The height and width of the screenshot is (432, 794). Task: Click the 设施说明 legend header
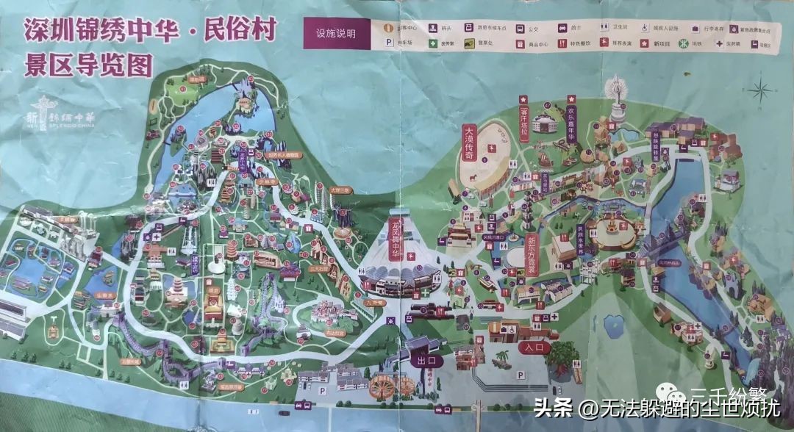tap(335, 33)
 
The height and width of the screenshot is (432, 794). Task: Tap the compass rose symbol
tap(759, 91)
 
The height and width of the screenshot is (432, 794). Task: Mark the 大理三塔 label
tap(340, 189)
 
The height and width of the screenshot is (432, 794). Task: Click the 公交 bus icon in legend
tap(518, 28)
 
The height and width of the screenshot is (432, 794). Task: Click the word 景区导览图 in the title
tap(88, 65)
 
